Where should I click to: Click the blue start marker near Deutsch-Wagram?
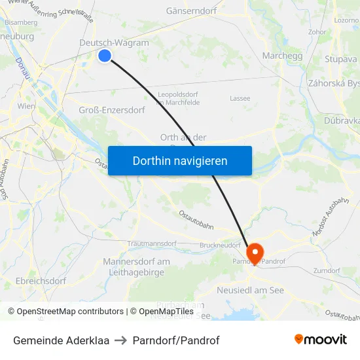[105, 56]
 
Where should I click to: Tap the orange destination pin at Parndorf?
[254, 252]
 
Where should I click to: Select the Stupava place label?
[340, 60]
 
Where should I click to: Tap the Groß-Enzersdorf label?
[111, 110]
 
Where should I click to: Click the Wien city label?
[26, 106]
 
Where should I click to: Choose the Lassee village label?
[240, 98]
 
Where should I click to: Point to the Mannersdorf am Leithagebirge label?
[136, 267]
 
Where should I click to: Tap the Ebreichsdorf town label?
[41, 281]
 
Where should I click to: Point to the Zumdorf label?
[327, 270]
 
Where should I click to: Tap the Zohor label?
[317, 31]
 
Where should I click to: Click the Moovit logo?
[321, 340]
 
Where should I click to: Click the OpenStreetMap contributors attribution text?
[66, 312]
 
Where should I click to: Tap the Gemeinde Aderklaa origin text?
[61, 340]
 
